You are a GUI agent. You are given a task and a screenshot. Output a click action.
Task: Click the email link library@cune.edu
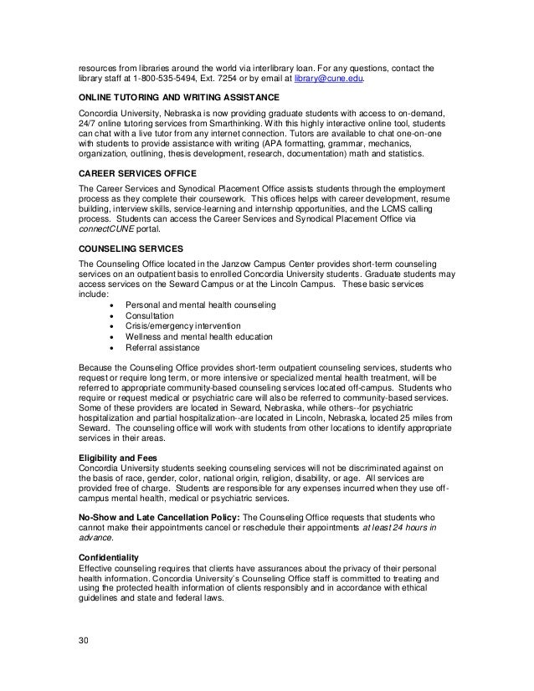332,79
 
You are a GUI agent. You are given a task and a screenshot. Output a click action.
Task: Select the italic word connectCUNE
105,231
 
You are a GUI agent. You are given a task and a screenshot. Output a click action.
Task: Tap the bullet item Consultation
150,316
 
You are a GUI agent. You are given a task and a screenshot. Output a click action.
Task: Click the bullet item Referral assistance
162,347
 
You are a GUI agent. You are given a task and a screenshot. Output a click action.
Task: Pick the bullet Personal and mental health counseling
199,306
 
